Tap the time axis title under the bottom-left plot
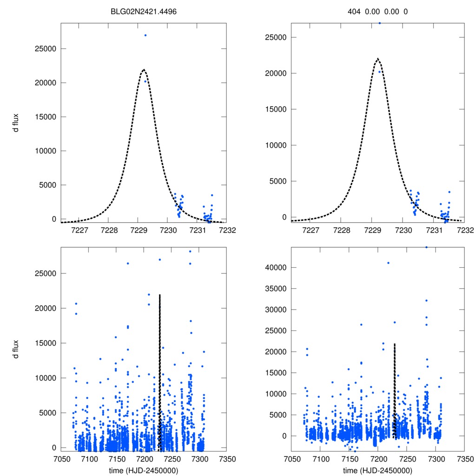(x=139, y=470)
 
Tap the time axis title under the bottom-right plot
(x=378, y=470)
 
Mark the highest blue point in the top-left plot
(x=145, y=35)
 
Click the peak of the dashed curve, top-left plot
(x=144, y=70)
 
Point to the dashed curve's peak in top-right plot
(x=378, y=59)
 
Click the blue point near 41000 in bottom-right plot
(x=388, y=263)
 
